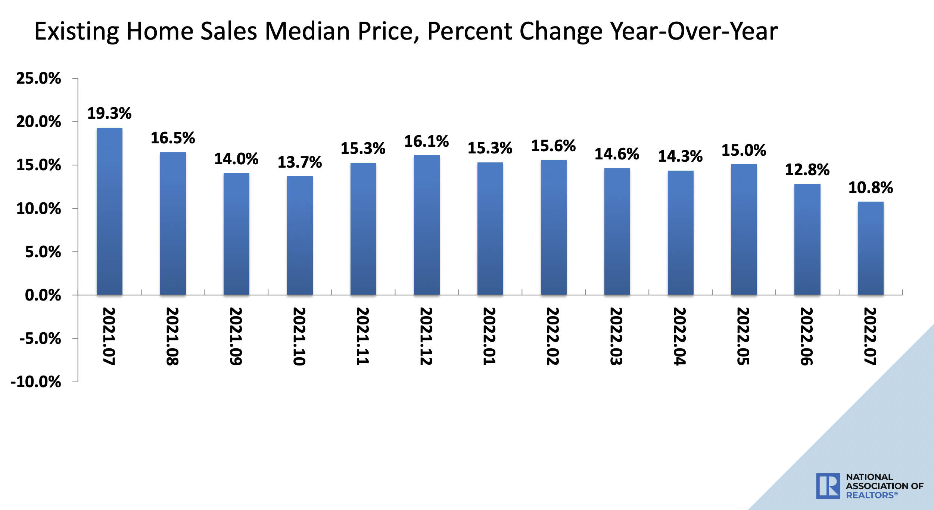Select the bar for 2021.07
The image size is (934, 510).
click(x=109, y=211)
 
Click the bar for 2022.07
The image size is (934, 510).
click(x=871, y=248)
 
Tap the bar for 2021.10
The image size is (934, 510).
click(x=300, y=236)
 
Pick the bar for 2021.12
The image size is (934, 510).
click(x=427, y=225)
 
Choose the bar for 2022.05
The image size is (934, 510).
click(x=744, y=230)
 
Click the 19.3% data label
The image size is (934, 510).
click(x=109, y=113)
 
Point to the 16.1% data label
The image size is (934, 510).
click(x=427, y=141)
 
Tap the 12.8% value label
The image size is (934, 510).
click(x=807, y=170)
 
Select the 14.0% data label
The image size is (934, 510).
click(x=236, y=159)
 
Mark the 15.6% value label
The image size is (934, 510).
click(x=554, y=146)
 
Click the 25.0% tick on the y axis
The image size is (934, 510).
click(x=38, y=78)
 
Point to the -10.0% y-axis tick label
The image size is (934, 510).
click(x=36, y=382)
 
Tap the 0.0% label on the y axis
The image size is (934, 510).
click(x=43, y=295)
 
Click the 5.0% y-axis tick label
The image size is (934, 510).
click(x=43, y=252)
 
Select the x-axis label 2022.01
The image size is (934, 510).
click(x=489, y=336)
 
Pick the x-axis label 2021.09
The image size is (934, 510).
click(x=236, y=336)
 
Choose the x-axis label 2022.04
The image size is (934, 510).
click(x=680, y=336)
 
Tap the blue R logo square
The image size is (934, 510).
click(x=828, y=486)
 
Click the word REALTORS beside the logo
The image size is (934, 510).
click(x=870, y=495)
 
